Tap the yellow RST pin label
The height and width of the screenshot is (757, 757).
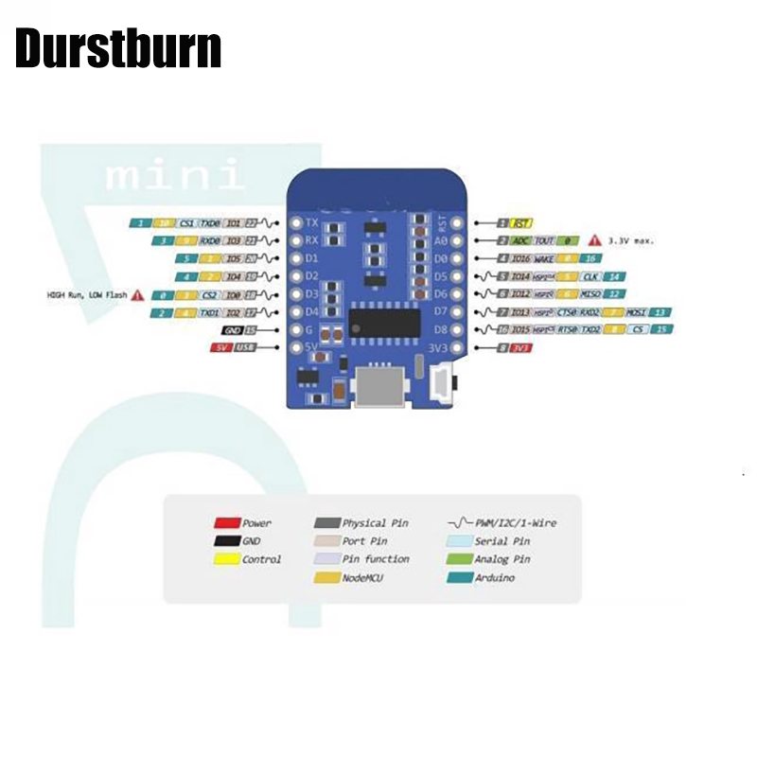pyautogui.click(x=520, y=223)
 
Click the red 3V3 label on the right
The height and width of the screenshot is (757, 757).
pyautogui.click(x=520, y=348)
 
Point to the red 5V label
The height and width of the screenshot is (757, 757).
pyautogui.click(x=220, y=348)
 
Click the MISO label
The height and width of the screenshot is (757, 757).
pyautogui.click(x=591, y=294)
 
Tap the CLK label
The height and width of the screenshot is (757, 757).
pyautogui.click(x=590, y=276)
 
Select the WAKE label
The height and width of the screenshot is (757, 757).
pyautogui.click(x=543, y=258)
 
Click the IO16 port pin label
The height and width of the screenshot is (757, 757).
pyautogui.click(x=519, y=258)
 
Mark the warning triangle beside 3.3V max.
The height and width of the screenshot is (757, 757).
pyautogui.click(x=595, y=241)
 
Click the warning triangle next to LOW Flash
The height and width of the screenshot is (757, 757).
pyautogui.click(x=137, y=295)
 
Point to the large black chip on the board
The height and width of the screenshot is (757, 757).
pyautogui.click(x=383, y=322)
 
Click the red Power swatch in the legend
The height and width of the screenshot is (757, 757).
pyautogui.click(x=225, y=523)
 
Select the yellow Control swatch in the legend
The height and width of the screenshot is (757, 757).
pyautogui.click(x=225, y=559)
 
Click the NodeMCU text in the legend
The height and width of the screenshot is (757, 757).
pyautogui.click(x=362, y=577)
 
